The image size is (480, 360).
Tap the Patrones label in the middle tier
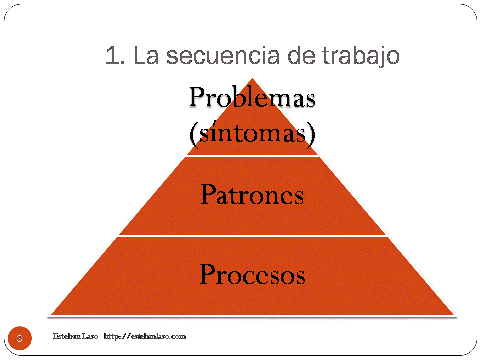[252, 194]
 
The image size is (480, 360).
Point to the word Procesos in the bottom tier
[252, 273]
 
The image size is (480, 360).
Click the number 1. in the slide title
[113, 56]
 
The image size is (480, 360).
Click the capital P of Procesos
[207, 273]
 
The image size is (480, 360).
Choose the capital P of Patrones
[207, 194]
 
